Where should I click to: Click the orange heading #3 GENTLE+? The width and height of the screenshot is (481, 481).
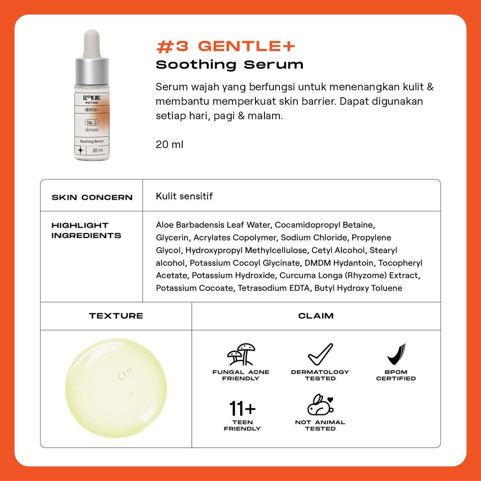pyautogui.click(x=225, y=47)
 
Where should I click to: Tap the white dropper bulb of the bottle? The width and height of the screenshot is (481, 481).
pyautogui.click(x=92, y=43)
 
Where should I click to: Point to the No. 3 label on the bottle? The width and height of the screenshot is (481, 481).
pyautogui.click(x=92, y=123)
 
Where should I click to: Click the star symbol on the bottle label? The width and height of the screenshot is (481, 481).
pyautogui.click(x=80, y=150)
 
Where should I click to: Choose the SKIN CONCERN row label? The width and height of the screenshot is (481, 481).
pyautogui.click(x=92, y=197)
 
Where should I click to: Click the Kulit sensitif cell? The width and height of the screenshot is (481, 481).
pyautogui.click(x=184, y=196)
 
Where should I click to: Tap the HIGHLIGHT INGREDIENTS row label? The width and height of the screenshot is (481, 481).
pyautogui.click(x=86, y=230)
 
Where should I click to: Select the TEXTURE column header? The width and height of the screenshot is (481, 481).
pyautogui.click(x=116, y=316)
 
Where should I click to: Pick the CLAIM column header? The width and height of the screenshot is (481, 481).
pyautogui.click(x=316, y=316)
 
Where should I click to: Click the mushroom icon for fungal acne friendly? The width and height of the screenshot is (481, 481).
pyautogui.click(x=241, y=354)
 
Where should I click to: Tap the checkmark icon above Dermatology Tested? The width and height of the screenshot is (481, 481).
pyautogui.click(x=320, y=354)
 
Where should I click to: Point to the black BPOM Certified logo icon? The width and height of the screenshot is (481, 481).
pyautogui.click(x=396, y=354)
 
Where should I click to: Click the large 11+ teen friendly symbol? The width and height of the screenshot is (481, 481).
pyautogui.click(x=242, y=409)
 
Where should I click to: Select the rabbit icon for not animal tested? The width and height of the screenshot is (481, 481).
pyautogui.click(x=320, y=404)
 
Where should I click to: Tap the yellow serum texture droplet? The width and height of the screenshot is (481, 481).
pyautogui.click(x=116, y=388)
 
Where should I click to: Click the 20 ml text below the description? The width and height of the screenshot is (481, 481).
pyautogui.click(x=169, y=145)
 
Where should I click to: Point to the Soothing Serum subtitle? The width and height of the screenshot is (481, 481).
pyautogui.click(x=229, y=65)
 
